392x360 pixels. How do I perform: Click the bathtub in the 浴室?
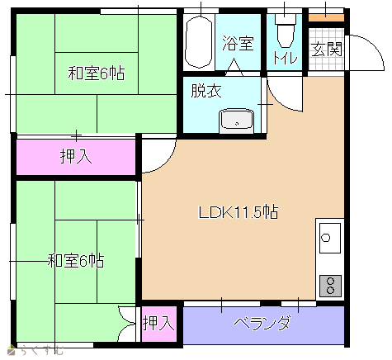coord(199,41)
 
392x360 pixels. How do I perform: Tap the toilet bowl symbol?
coord(285,30)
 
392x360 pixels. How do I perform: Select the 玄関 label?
coord(327,50)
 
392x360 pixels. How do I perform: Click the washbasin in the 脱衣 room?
coord(237,121)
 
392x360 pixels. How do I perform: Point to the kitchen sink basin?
coord(330,238)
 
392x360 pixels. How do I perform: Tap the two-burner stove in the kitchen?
coord(330,286)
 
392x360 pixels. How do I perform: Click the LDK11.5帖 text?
coord(238,212)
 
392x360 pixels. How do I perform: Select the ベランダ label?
coord(262,323)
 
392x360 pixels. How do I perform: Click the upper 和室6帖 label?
coord(97,73)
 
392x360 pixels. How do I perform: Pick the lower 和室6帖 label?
coord(76,261)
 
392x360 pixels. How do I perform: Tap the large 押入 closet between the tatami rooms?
coord(76,157)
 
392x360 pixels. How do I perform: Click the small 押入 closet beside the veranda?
coord(159,324)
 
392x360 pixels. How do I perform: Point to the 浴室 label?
coord(238,44)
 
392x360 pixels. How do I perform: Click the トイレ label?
coord(286,57)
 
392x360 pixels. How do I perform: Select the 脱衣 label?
coord(206,91)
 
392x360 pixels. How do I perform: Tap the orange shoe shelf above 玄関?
coord(326,17)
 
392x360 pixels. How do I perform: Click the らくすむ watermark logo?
coord(35,351)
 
